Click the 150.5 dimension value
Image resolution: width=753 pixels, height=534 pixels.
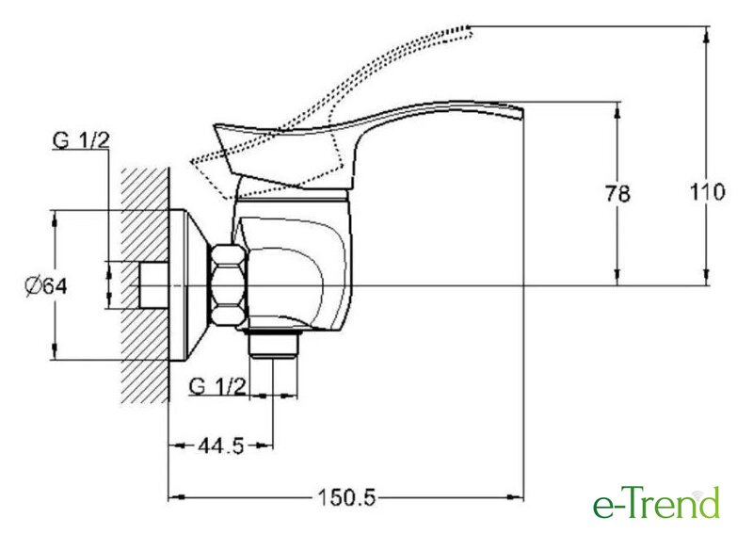tap(346, 498)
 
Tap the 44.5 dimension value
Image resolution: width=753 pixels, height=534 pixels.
tap(221, 446)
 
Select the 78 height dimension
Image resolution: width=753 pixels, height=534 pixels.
tap(617, 194)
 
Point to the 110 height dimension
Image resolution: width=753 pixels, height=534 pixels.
tap(707, 192)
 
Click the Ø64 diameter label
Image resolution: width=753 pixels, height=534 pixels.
tap(46, 287)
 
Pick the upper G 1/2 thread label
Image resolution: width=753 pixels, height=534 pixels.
tap(81, 140)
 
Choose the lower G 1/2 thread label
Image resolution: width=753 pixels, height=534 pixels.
tap(217, 386)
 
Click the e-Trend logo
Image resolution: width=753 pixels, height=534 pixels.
tap(656, 503)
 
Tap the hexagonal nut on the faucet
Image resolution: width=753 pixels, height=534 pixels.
tap(229, 286)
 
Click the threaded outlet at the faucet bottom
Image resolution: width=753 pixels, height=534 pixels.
tap(273, 343)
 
